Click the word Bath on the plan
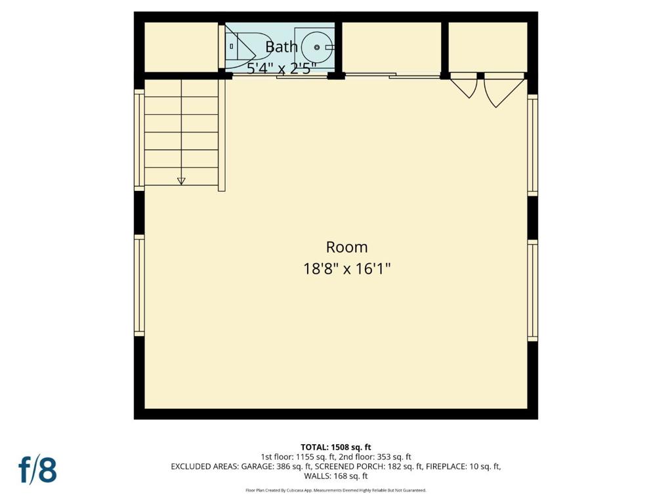[281, 47]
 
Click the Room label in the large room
[346, 247]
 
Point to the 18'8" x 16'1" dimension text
[346, 269]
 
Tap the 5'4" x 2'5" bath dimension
[282, 68]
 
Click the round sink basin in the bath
[317, 47]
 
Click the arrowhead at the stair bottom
[181, 181]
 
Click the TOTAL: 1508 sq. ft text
[335, 448]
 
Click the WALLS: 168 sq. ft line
[335, 476]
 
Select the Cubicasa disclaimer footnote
[335, 490]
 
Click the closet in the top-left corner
[181, 47]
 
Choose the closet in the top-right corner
[488, 47]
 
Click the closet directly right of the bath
[392, 48]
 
